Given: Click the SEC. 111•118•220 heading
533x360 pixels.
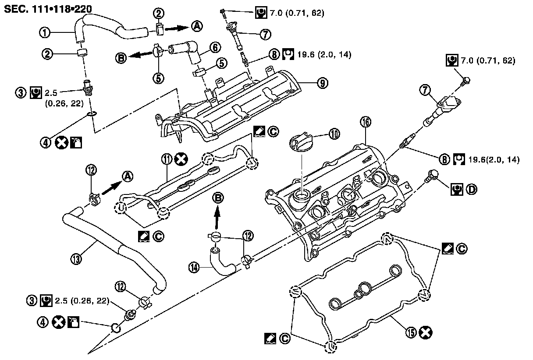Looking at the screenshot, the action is point(48,9).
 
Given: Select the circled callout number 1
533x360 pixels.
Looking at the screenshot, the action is point(45,32).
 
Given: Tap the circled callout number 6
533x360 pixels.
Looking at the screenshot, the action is point(215,47).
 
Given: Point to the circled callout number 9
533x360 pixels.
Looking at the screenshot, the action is point(323,83).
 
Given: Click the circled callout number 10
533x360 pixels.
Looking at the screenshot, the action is point(334,134).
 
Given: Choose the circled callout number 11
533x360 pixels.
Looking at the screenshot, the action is point(167,159).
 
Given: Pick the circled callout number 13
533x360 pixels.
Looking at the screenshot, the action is point(76,258).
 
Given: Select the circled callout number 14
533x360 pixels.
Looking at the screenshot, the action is point(194,268).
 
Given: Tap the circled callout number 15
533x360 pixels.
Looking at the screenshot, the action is point(411,332).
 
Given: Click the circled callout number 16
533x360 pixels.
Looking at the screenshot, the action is point(366,122).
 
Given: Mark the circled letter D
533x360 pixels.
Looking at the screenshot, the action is point(471,189).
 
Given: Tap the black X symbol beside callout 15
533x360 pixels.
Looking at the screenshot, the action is point(426,332).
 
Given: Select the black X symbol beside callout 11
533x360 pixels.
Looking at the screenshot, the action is point(181,159).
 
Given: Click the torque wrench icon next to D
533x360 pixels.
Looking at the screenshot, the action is point(457,189).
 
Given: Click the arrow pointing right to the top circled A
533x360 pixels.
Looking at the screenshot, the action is point(176,28).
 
